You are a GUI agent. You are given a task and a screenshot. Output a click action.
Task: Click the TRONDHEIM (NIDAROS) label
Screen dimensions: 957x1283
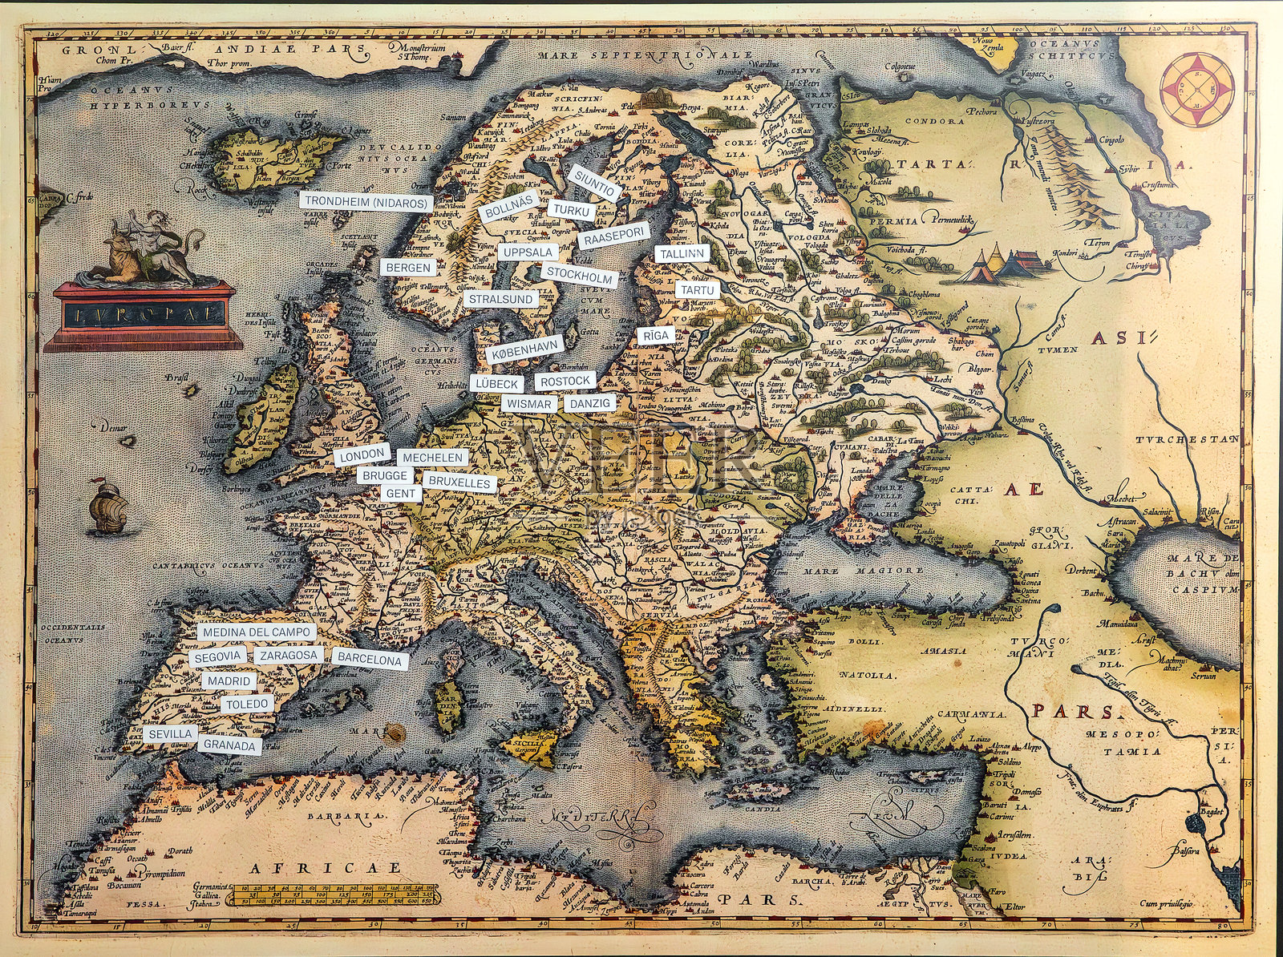tap(366, 203)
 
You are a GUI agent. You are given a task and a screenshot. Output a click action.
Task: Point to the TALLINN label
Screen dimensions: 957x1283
tap(682, 253)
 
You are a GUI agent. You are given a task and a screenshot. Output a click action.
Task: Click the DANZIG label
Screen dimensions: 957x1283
tap(589, 403)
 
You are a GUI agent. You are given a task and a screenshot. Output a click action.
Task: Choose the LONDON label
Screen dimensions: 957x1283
tap(362, 455)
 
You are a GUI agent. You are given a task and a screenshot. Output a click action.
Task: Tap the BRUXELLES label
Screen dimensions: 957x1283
tap(459, 483)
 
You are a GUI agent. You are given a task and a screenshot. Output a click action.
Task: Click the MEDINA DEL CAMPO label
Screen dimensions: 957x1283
tap(256, 632)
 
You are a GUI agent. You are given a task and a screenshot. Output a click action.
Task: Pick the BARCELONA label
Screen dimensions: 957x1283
tap(369, 660)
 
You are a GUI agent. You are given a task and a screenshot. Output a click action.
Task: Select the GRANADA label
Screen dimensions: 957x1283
tap(229, 745)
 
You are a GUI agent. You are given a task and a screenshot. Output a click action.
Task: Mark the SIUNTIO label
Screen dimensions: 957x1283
tap(594, 184)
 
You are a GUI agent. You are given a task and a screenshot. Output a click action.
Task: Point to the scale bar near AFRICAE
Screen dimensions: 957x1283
tap(331, 894)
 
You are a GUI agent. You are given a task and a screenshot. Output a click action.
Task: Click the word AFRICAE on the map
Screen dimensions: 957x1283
tap(324, 868)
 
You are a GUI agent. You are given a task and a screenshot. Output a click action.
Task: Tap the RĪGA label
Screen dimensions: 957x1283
tap(654, 335)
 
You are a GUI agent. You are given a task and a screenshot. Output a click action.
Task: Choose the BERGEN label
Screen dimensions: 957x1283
tap(407, 267)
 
